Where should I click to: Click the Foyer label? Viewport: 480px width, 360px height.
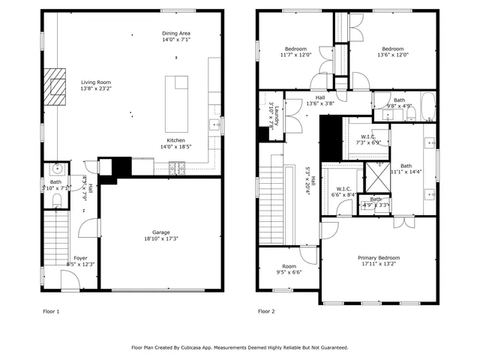click(80, 258)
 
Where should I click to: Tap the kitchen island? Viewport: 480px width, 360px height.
click(177, 92)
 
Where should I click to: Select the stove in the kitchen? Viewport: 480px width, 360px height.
click(178, 169)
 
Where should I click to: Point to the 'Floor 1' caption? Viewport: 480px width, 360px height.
click(51, 310)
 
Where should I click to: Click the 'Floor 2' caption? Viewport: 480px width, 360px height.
click(266, 310)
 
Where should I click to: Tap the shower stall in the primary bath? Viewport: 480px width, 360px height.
click(372, 177)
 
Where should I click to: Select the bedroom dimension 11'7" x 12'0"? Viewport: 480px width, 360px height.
click(295, 55)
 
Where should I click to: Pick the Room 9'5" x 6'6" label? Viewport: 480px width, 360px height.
click(289, 269)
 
